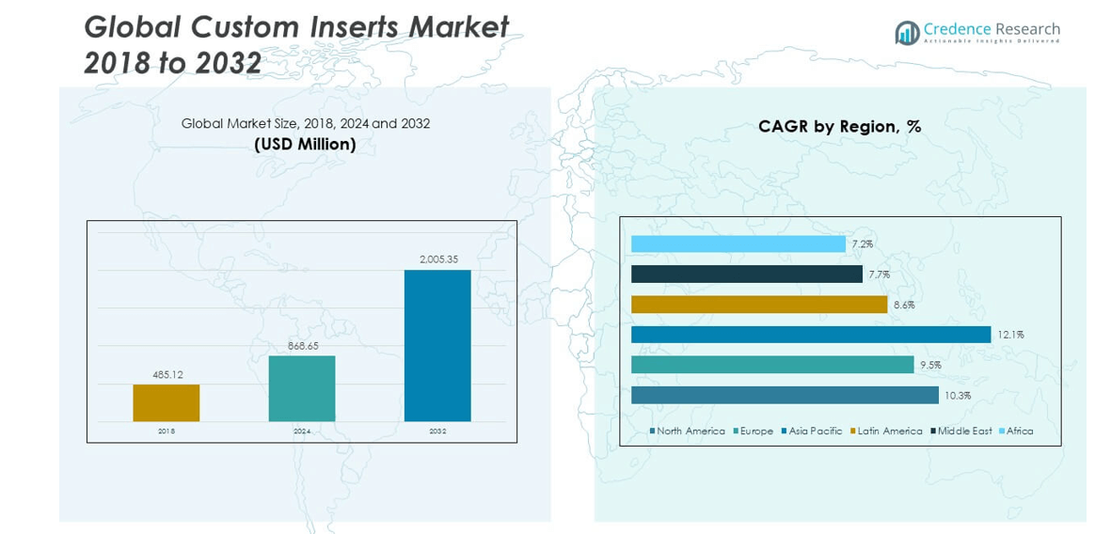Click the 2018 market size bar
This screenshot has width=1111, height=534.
tap(167, 402)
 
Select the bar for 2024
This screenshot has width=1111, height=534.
tap(302, 388)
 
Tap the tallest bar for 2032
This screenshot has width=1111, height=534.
tap(437, 345)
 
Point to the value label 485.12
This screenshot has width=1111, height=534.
tap(167, 375)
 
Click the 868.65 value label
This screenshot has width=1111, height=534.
tap(302, 346)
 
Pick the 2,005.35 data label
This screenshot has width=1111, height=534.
tap(438, 259)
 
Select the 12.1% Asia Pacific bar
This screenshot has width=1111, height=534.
tap(810, 335)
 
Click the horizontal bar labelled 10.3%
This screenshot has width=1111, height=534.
tap(785, 395)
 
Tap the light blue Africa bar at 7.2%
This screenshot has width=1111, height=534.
tap(738, 244)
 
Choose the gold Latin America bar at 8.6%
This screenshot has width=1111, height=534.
tap(758, 305)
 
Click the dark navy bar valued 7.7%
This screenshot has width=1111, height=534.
tap(746, 275)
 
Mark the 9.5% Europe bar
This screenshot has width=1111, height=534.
tap(771, 365)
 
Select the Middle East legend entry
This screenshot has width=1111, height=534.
tap(964, 432)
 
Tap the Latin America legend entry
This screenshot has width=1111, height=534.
tap(889, 432)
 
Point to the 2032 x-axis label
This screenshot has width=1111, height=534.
tap(437, 432)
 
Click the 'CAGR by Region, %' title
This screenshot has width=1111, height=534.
tap(839, 127)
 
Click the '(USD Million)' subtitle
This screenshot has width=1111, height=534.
tap(305, 144)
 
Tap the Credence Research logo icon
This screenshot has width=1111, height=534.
tap(907, 33)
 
